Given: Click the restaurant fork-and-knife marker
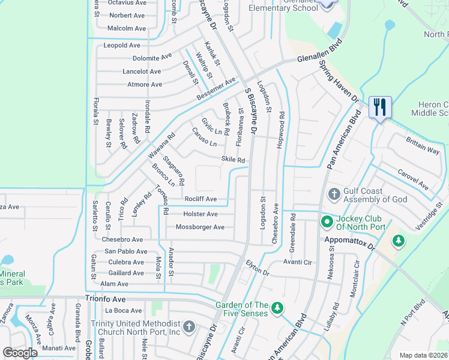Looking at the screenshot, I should tap(380, 107).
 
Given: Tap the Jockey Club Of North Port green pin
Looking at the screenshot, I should tap(327, 223).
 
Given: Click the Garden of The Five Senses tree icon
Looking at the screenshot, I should tap(277, 308).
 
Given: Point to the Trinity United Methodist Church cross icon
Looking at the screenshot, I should tap(188, 327).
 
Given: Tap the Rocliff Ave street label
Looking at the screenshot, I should tap(200, 199).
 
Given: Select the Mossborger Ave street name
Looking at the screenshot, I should tap(200, 227).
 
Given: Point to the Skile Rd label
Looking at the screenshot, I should tap(234, 160).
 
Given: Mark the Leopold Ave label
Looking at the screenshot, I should tap(122, 46).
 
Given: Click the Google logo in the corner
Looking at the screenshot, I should tap(20, 353).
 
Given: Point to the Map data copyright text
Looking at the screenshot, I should tap(424, 355).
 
